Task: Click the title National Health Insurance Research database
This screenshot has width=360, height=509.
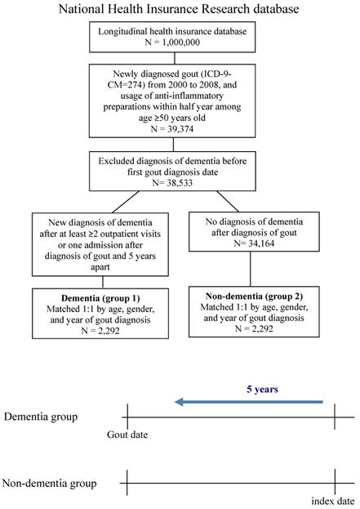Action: [x=179, y=8]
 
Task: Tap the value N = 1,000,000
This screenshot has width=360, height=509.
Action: [x=172, y=42]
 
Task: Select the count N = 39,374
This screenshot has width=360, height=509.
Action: [x=172, y=129]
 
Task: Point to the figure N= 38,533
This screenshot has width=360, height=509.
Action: [x=172, y=183]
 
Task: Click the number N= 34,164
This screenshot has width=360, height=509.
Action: [x=254, y=243]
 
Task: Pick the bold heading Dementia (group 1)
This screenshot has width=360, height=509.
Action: [x=100, y=298]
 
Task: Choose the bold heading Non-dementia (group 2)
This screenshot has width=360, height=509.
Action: [x=254, y=296]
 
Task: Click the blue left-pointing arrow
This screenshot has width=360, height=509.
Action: [x=249, y=402]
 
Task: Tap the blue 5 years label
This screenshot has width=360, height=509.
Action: [x=262, y=389]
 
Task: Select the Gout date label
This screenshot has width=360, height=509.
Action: [x=127, y=435]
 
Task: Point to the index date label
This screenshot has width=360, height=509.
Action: [x=333, y=501]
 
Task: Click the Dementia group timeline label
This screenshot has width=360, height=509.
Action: [x=41, y=417]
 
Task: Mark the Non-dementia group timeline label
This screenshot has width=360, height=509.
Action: [x=49, y=484]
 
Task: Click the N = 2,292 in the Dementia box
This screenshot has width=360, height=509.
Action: [x=100, y=331]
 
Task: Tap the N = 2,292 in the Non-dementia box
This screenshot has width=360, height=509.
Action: [x=254, y=328]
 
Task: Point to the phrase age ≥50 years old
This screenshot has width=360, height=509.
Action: [x=172, y=118]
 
